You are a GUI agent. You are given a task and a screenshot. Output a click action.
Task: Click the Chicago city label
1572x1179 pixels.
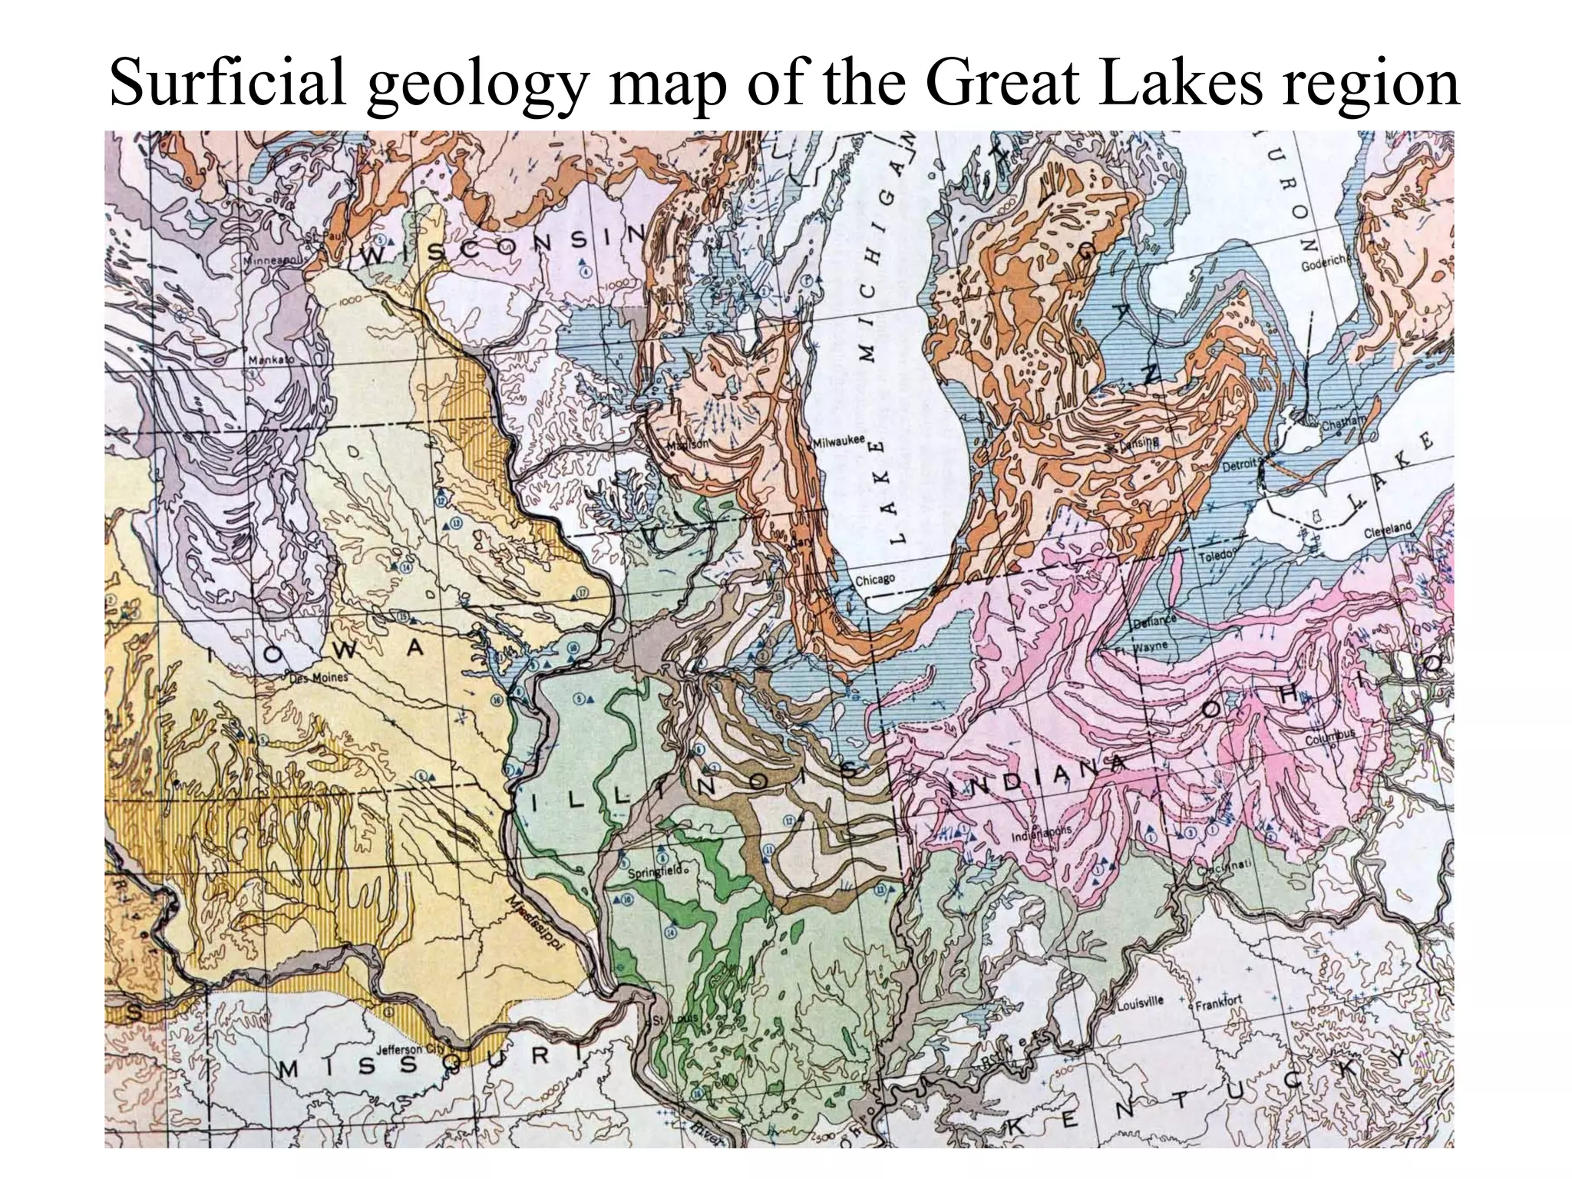point(874,580)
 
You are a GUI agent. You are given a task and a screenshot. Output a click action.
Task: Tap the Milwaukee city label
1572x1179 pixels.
point(840,441)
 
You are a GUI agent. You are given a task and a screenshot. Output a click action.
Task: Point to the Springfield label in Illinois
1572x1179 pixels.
point(653,873)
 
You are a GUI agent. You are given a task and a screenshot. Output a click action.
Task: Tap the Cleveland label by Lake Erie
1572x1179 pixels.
point(1388,529)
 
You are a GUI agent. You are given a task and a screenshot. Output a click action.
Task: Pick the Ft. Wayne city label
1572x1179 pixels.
point(1146,646)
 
